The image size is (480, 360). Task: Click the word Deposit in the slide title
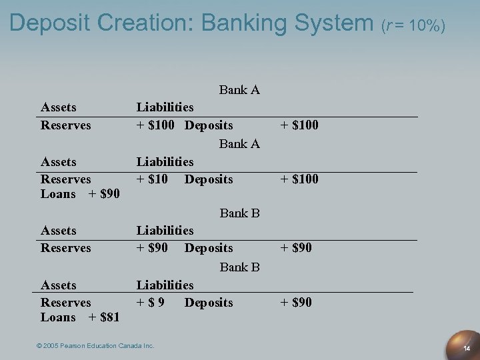(x=50, y=23)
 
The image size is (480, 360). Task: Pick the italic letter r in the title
(x=390, y=27)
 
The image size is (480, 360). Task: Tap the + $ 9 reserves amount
(x=152, y=303)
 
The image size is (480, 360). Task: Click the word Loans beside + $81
(x=58, y=317)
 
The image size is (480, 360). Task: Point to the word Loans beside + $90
(x=58, y=194)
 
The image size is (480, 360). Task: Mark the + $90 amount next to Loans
(x=104, y=194)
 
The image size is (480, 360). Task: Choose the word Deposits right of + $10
(x=209, y=179)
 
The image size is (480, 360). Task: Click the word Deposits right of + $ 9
(x=209, y=303)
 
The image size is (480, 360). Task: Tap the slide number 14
(x=467, y=349)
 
